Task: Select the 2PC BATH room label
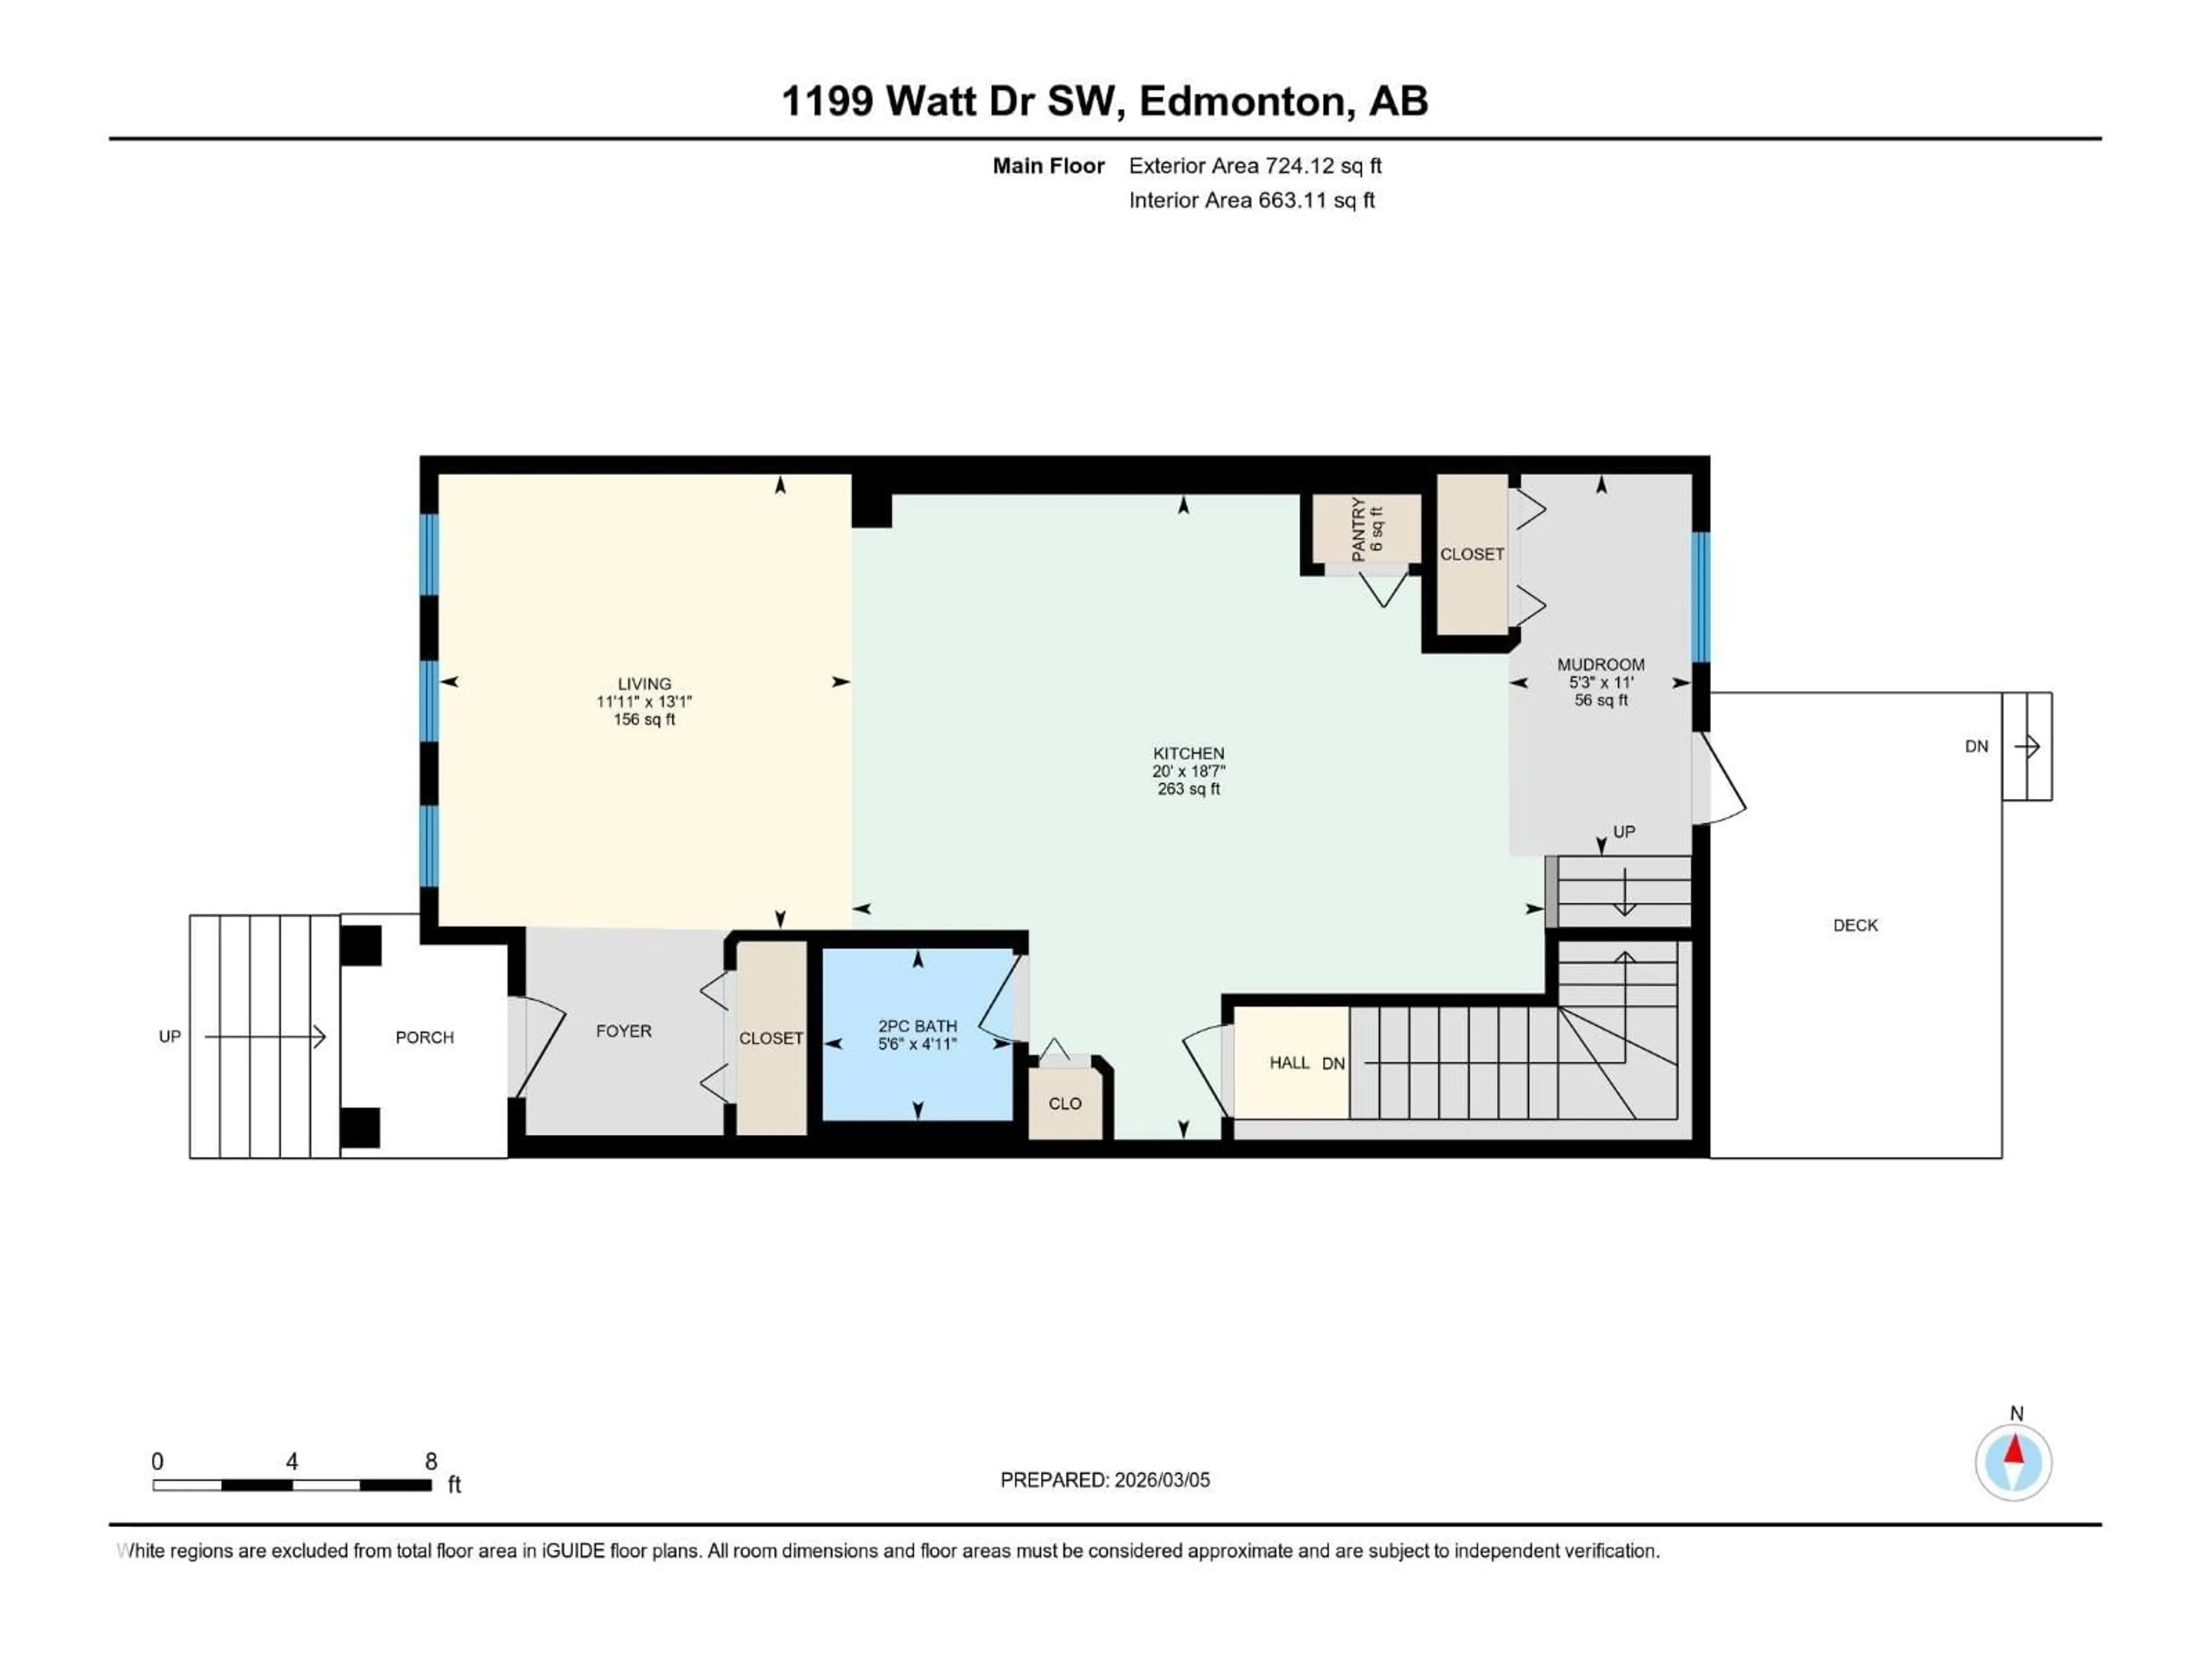tap(917, 1026)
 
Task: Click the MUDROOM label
tap(1600, 665)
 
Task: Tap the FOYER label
tap(623, 1031)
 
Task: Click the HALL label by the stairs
tap(1289, 1063)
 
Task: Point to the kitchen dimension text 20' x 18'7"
tap(1188, 771)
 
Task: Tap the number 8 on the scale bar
tap(431, 1461)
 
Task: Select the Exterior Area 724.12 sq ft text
tap(1255, 166)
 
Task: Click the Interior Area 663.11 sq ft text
tap(1251, 200)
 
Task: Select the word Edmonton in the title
tap(1242, 101)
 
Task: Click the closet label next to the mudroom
tap(1471, 554)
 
